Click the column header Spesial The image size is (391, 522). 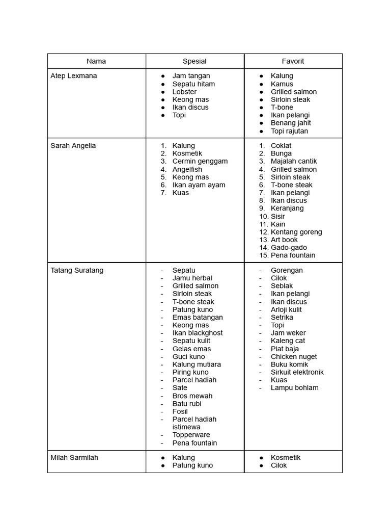(194, 61)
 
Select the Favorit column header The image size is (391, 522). (293, 61)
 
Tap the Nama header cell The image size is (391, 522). (96, 61)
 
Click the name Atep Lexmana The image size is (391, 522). (74, 76)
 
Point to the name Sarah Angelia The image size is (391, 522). (73, 146)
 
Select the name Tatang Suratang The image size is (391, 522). (77, 270)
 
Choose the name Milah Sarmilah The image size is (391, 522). (74, 458)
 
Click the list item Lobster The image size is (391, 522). (184, 92)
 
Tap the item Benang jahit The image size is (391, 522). (291, 123)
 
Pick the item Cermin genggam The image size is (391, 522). (200, 161)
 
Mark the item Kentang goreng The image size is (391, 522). (296, 232)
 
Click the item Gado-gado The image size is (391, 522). (289, 248)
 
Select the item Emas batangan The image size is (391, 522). (198, 317)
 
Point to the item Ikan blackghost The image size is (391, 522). (198, 333)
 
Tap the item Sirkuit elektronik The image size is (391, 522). (297, 372)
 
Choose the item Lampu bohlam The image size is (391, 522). (295, 388)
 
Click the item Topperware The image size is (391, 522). (191, 435)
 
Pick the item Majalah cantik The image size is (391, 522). (294, 161)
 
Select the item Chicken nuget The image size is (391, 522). (294, 357)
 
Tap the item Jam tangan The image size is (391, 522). (191, 76)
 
